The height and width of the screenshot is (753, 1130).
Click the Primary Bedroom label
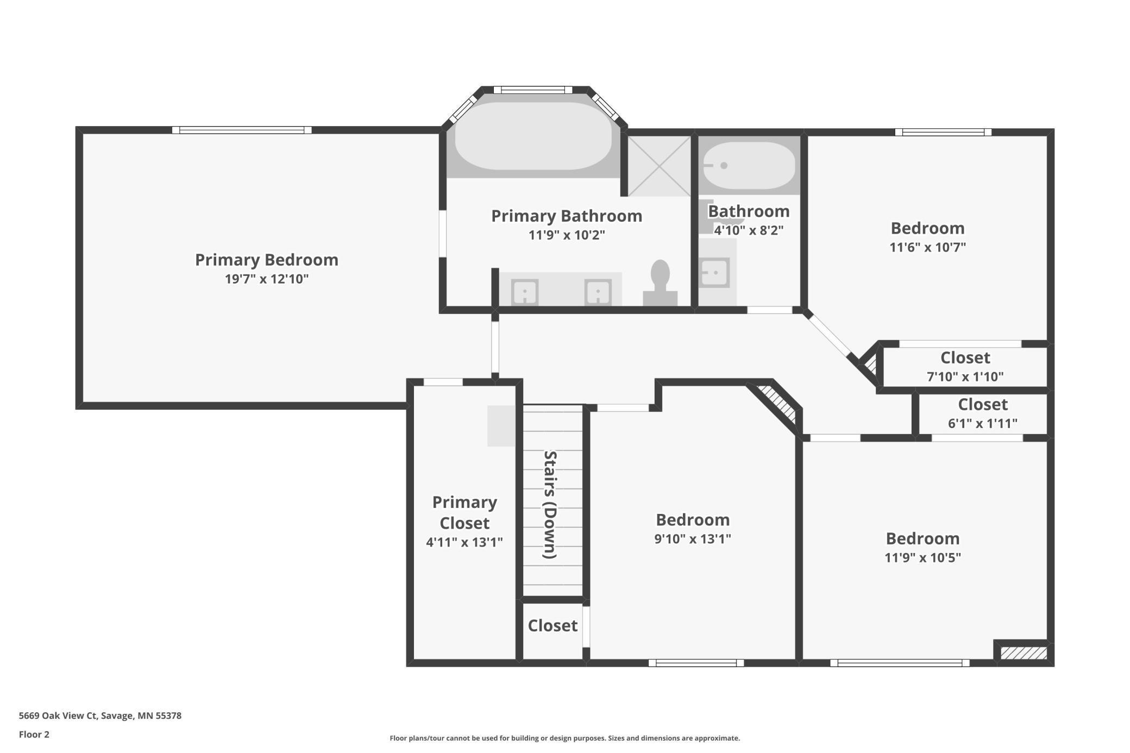tap(266, 260)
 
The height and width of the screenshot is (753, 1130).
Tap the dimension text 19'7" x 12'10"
tap(266, 279)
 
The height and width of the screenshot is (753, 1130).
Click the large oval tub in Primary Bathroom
tap(533, 136)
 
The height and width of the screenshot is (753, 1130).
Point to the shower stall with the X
tap(659, 166)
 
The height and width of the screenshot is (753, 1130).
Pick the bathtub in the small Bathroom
tap(749, 166)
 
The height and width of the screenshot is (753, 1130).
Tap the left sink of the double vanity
tap(525, 292)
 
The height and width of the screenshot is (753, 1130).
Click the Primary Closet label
tap(464, 512)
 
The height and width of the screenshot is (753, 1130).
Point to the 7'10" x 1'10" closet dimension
tap(965, 376)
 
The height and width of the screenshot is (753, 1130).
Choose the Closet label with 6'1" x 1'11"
tap(982, 405)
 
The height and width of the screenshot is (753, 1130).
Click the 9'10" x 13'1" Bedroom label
tap(693, 520)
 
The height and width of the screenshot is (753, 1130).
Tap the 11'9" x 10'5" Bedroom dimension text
tap(922, 557)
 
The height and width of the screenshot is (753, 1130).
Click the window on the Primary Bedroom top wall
tap(242, 130)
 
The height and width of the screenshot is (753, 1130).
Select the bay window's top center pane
tap(532, 90)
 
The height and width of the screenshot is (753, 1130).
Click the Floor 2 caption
tap(34, 735)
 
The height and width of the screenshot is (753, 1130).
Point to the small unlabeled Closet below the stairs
tap(552, 626)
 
